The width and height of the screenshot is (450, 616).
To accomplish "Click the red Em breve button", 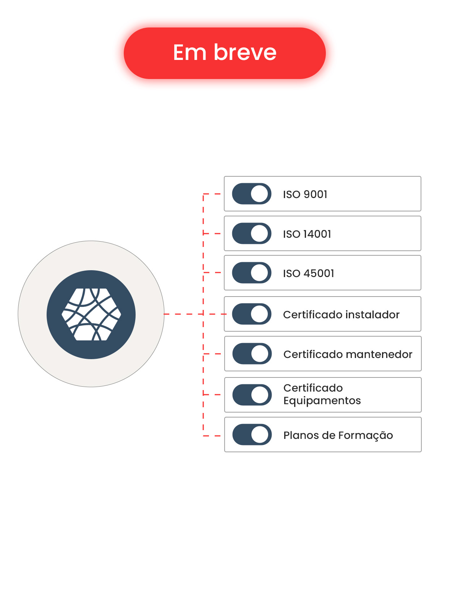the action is tap(225, 53).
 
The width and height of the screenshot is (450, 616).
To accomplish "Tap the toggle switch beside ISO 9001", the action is tap(252, 194).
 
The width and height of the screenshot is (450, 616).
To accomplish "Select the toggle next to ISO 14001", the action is tap(252, 234).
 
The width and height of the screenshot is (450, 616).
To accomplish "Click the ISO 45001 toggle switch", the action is tap(252, 273).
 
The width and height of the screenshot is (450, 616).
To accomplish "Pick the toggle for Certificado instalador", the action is tap(252, 314).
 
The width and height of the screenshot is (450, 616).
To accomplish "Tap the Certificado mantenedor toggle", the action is tap(252, 354).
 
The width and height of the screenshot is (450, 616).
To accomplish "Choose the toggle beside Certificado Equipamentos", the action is tap(252, 395).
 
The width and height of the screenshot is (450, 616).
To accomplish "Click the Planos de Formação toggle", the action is tap(252, 435).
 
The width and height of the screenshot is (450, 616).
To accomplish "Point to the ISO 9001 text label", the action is tap(305, 194).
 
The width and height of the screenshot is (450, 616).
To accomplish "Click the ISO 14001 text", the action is tap(307, 234).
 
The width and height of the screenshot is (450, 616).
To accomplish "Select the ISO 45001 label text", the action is tap(308, 273).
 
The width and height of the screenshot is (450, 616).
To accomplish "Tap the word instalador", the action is tap(372, 314).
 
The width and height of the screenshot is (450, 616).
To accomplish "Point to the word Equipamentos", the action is tap(322, 401).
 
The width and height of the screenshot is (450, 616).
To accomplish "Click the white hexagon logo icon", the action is tap(91, 314).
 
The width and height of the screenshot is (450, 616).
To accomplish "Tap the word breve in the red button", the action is tap(245, 52).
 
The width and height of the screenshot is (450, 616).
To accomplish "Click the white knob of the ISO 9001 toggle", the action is tap(260, 194).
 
